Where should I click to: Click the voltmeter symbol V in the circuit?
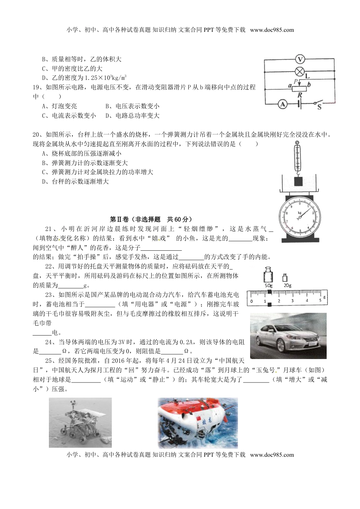300,59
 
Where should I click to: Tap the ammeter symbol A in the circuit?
282,104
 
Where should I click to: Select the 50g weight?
269,277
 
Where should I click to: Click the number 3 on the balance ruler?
292,301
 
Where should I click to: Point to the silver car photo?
288,336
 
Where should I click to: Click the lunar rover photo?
80,422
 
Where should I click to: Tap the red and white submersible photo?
198,423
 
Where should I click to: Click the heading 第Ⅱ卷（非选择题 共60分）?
151,219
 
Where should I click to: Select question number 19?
37,87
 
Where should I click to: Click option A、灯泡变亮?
59,106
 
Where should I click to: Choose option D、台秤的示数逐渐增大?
75,182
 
